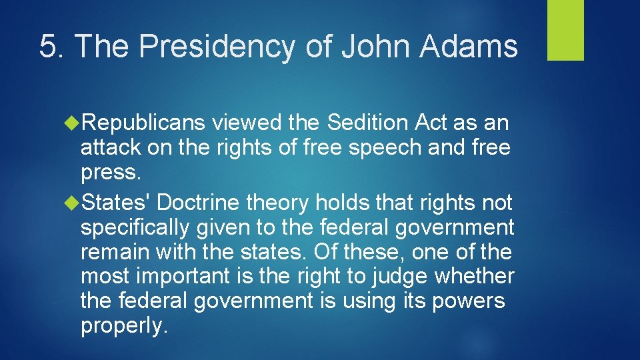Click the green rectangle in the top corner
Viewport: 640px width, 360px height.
pyautogui.click(x=565, y=30)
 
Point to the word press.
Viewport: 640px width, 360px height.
pyautogui.click(x=110, y=173)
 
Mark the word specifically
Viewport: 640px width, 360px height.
pyautogui.click(x=135, y=227)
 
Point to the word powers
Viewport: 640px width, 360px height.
pyautogui.click(x=469, y=301)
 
